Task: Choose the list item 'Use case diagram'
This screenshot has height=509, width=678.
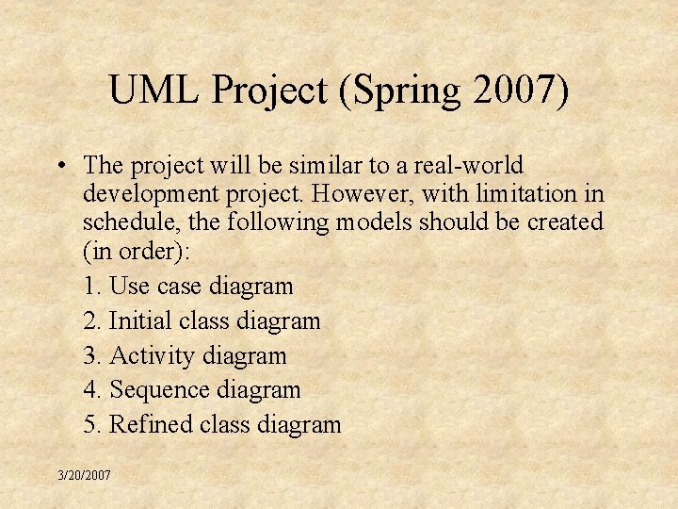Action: click(x=201, y=286)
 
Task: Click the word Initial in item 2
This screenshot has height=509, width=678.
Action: click(x=140, y=321)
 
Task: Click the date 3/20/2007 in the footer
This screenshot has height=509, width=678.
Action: click(x=83, y=476)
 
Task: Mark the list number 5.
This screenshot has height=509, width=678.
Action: click(x=90, y=425)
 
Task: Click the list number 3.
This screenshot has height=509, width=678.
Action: click(x=90, y=356)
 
